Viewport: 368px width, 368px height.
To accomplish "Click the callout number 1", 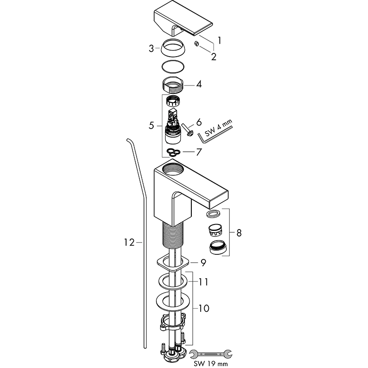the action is [x=219, y=40].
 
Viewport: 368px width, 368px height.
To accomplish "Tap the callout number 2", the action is [x=213, y=57].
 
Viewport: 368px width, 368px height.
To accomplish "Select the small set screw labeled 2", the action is [x=197, y=44].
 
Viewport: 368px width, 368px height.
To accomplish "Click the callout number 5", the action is [x=151, y=126].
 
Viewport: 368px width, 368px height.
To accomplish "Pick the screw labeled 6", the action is [x=187, y=129].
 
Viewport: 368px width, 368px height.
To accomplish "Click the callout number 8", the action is [x=239, y=233].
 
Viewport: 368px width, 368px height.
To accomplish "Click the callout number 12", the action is [x=129, y=242].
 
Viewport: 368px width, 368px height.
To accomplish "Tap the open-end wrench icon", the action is [x=211, y=354].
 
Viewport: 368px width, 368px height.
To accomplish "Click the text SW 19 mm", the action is [x=211, y=363].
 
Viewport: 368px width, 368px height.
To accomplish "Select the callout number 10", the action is [x=204, y=308].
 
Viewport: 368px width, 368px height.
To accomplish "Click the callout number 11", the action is [x=203, y=282].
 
